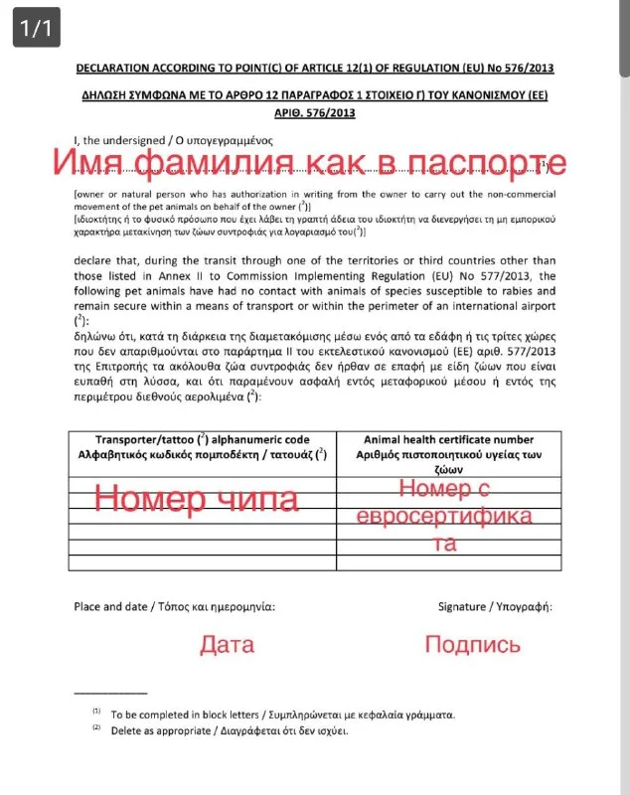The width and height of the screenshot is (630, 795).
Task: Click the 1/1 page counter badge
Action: [x=35, y=29]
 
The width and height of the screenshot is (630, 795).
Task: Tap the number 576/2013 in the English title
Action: [x=523, y=68]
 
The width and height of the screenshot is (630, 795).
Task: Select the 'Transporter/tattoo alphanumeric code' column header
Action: [x=202, y=439]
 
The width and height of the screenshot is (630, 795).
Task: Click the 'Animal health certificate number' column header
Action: [x=448, y=439]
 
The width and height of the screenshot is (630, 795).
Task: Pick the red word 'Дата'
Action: [x=228, y=644]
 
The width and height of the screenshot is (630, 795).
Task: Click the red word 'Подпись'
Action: [x=472, y=644]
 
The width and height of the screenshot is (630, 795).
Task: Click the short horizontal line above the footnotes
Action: [x=110, y=692]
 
